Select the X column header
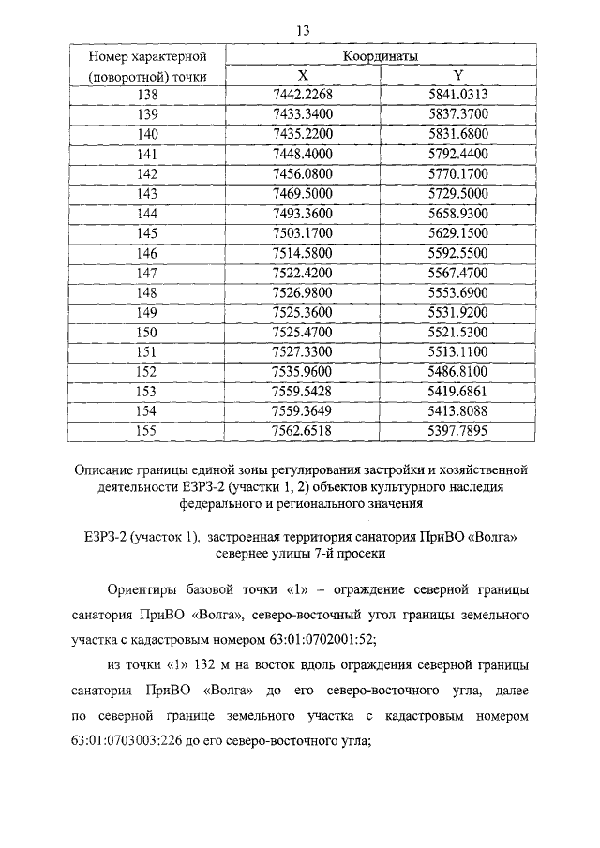click(302, 75)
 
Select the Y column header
click(457, 75)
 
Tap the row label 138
click(147, 96)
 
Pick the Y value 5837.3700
click(457, 114)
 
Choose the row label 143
click(147, 192)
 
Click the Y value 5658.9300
click(457, 214)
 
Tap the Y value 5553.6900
click(457, 292)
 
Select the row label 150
click(147, 332)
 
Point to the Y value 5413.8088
click(457, 410)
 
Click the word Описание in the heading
click(108, 467)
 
